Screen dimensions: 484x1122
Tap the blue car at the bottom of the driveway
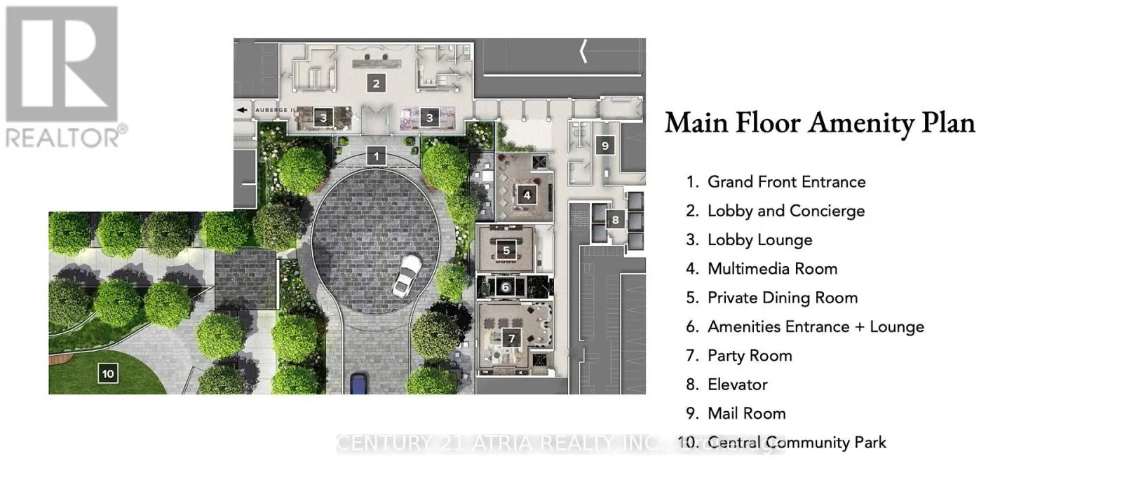(x=359, y=383)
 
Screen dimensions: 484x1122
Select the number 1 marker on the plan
(x=377, y=156)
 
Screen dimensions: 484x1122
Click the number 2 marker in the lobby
(x=376, y=83)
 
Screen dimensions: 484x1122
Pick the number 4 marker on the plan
(x=527, y=195)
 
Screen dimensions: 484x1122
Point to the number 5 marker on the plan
(x=506, y=250)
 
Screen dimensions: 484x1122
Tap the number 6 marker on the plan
(x=505, y=287)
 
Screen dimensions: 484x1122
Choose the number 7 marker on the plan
(x=511, y=338)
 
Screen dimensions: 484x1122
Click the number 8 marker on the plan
(x=615, y=219)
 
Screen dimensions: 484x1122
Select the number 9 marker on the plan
(x=604, y=146)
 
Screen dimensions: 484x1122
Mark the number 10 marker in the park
(x=107, y=373)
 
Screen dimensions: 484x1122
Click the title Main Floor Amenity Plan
(x=820, y=123)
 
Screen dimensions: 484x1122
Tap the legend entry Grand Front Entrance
(x=786, y=182)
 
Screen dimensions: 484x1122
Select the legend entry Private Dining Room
(x=782, y=298)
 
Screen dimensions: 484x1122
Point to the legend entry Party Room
(x=749, y=356)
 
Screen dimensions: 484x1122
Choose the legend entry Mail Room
(x=746, y=413)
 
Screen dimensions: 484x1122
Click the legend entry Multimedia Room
(x=772, y=269)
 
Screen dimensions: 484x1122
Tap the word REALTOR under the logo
(x=64, y=137)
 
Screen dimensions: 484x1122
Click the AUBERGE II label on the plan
(x=274, y=110)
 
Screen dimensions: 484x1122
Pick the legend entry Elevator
(x=737, y=385)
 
